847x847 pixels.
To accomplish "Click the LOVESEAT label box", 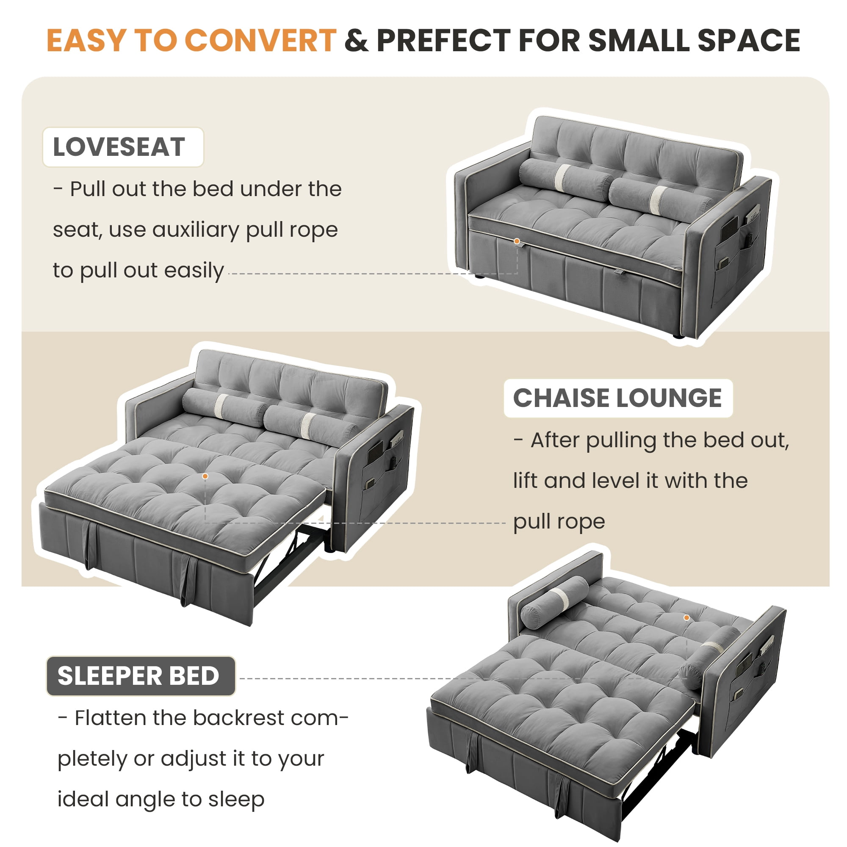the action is [x=123, y=147].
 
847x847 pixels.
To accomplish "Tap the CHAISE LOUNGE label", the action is [x=618, y=398].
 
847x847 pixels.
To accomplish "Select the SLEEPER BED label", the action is [x=141, y=675].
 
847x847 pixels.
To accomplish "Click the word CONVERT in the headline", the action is [x=260, y=41].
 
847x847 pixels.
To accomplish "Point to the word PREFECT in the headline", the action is [x=444, y=41].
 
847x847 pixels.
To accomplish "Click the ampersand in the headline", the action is [x=357, y=41].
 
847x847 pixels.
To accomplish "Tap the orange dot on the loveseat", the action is [x=517, y=241].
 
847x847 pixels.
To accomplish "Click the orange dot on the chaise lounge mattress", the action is [x=205, y=476].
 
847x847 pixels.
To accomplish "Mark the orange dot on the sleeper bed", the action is [x=686, y=618].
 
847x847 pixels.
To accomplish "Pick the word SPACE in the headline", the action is [x=749, y=41].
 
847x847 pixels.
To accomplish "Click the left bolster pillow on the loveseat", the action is [x=566, y=175].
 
